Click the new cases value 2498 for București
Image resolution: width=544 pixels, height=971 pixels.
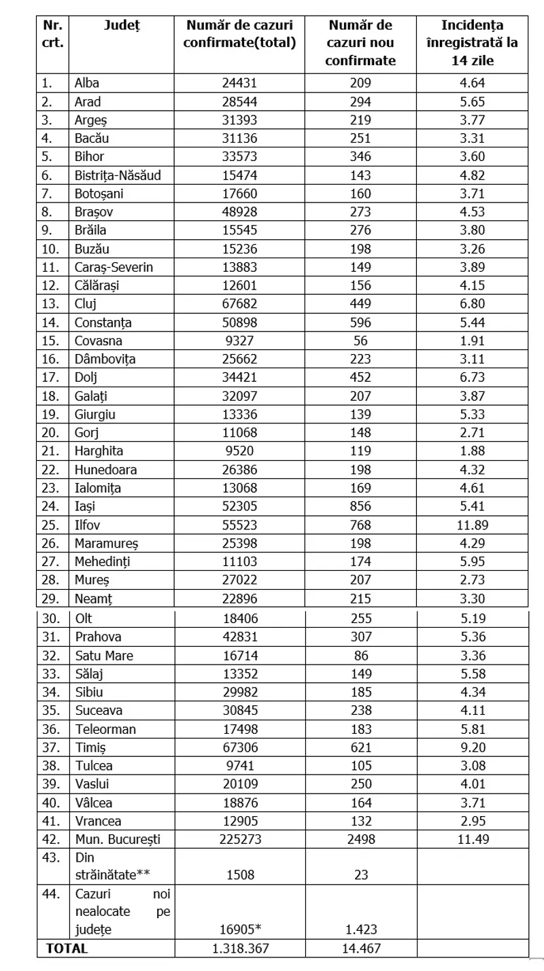[x=360, y=838]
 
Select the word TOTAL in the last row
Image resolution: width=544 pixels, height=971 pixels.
[x=67, y=949]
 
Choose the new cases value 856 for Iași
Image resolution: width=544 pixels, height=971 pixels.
[x=360, y=506]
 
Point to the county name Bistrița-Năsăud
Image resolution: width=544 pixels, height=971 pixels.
[x=118, y=175]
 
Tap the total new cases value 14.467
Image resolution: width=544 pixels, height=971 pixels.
[x=360, y=949]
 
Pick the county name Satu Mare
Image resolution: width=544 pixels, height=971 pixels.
[x=104, y=656]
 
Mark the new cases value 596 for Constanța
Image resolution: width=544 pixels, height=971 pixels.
[x=360, y=323]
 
